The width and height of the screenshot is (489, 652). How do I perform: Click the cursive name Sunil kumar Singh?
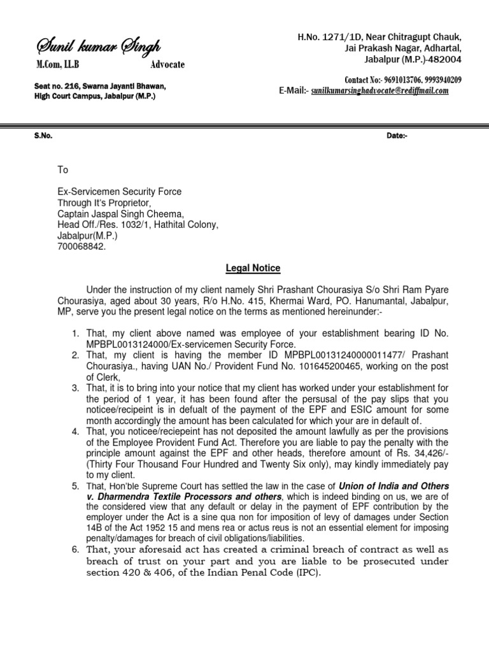coord(98,46)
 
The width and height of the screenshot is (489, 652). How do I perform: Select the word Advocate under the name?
coord(167,65)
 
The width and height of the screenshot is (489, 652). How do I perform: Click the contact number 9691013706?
coord(403,80)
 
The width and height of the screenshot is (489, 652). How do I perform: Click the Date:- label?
coord(397,136)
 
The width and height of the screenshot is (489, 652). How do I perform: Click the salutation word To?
coord(62,170)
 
